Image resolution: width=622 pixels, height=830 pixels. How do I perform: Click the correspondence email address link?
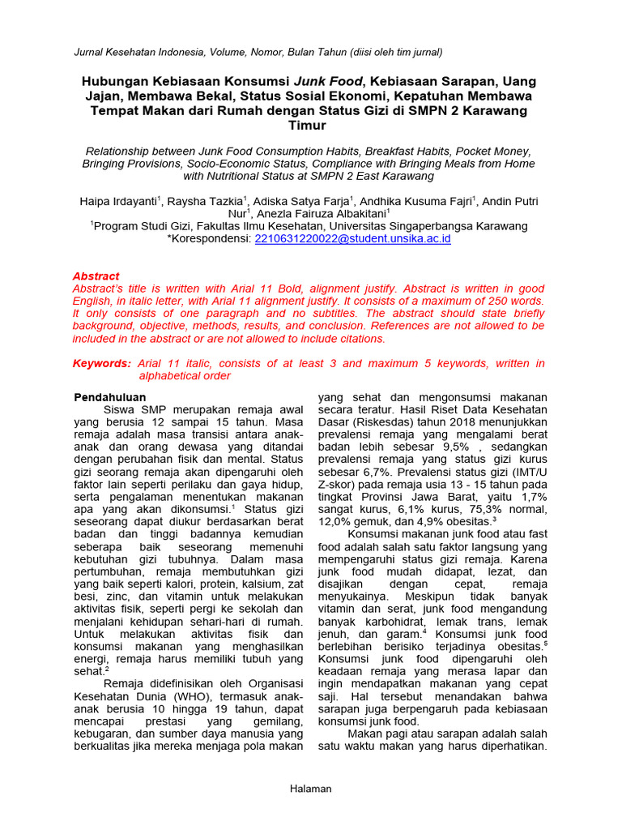pos(352,239)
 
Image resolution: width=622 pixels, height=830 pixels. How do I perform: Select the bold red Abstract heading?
pos(96,276)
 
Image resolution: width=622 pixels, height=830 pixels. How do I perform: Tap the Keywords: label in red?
pos(102,363)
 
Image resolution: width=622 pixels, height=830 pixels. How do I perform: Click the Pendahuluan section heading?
pos(110,397)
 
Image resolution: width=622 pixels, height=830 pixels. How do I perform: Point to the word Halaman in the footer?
pos(311,789)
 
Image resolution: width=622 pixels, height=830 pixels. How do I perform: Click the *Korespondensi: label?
pos(210,239)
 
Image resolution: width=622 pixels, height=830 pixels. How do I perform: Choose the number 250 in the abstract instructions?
pos(476,300)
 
